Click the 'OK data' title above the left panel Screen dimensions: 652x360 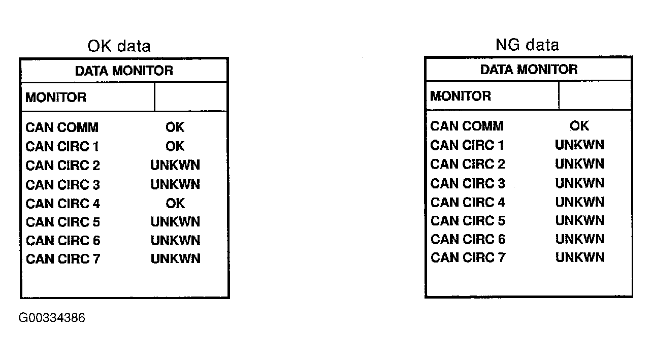[119, 46]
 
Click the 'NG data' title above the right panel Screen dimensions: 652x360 [527, 45]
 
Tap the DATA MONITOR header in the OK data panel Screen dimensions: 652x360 [124, 71]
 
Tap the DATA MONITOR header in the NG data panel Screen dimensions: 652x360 [529, 70]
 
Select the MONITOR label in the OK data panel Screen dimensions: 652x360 [56, 97]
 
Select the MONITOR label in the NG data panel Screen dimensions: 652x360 [461, 96]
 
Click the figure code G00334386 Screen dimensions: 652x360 [52, 317]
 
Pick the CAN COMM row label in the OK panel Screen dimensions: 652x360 [62, 127]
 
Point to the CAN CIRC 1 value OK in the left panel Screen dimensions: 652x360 [175, 146]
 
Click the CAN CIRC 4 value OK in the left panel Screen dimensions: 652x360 [175, 204]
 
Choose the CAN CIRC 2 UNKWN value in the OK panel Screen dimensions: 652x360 [175, 165]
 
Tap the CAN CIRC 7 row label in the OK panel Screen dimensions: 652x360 [63, 259]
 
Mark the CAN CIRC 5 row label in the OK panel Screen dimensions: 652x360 [63, 222]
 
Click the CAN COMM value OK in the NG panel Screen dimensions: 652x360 [579, 126]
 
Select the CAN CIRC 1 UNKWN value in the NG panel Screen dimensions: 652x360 [579, 145]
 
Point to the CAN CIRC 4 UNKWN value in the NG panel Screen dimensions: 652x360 [580, 202]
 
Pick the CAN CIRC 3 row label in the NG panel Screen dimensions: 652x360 [468, 183]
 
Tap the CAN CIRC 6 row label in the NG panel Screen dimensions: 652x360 [468, 239]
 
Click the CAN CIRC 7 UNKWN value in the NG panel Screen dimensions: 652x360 [580, 257]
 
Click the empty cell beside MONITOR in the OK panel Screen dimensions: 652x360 [190, 97]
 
